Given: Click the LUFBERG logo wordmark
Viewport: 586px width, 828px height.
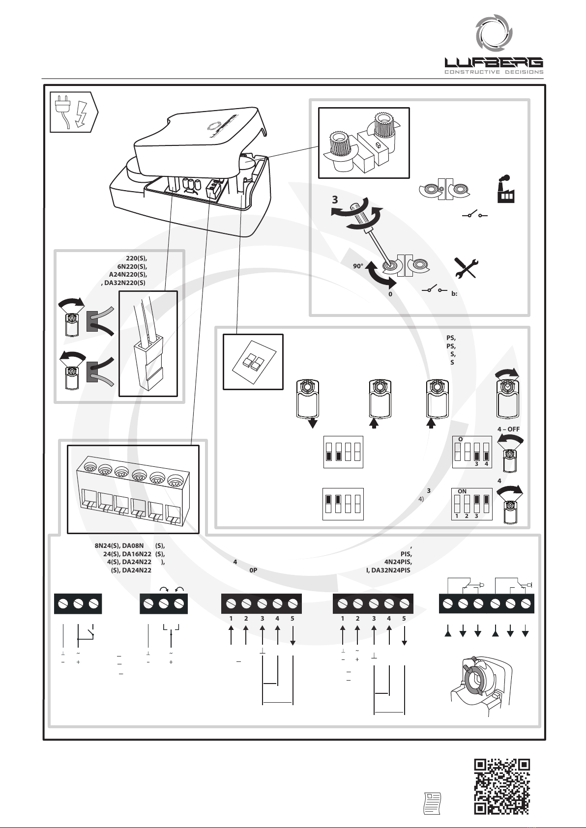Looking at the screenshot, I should click(x=494, y=62).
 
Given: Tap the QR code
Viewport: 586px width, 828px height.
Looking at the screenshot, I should click(x=501, y=786).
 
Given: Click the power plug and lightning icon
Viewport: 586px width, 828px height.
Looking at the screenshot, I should click(x=74, y=112).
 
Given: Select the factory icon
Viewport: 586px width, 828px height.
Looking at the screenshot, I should click(x=506, y=190).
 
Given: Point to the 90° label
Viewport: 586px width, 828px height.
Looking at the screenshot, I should click(x=358, y=265).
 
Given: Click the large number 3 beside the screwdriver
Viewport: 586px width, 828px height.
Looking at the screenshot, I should click(x=335, y=200).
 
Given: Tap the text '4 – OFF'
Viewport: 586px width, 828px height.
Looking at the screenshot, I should click(x=508, y=429).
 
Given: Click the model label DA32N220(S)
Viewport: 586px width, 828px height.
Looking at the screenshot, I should click(x=125, y=283).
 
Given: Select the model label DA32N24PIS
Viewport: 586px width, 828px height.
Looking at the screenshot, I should click(x=388, y=571).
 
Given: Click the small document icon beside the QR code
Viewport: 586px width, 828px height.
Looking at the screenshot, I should click(x=432, y=803).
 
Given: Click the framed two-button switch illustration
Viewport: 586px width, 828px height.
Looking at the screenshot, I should click(x=253, y=361).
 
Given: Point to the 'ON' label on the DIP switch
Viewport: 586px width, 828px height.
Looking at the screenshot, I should click(x=462, y=491).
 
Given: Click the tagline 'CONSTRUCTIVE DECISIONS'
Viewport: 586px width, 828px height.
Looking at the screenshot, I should click(x=494, y=72).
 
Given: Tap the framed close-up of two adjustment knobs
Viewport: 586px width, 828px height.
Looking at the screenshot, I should click(x=364, y=143).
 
